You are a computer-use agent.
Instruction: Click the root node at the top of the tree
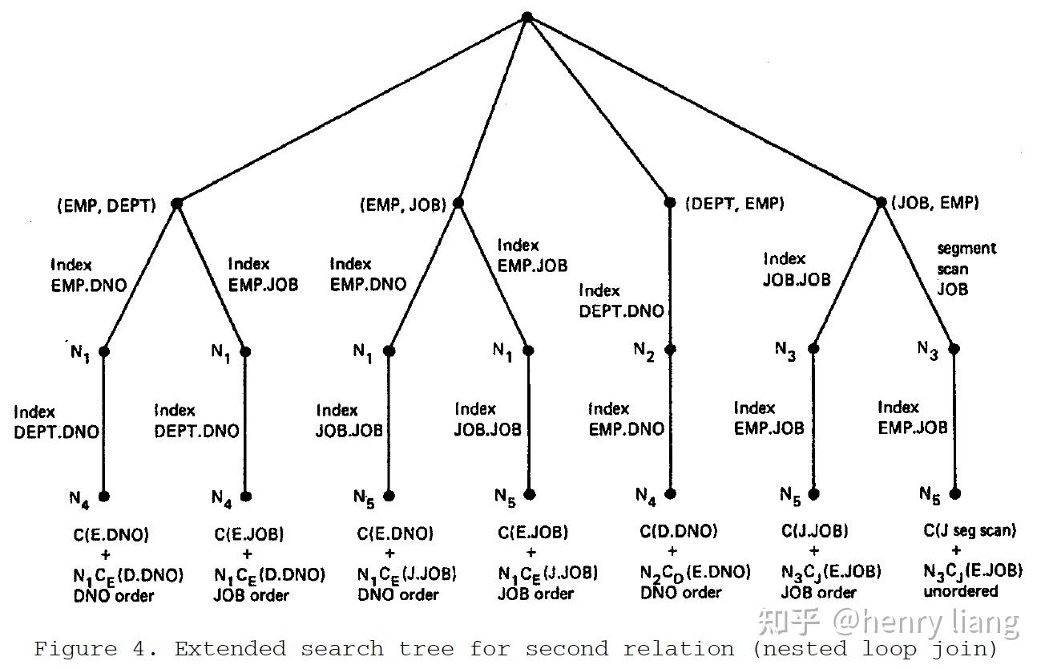pyautogui.click(x=527, y=17)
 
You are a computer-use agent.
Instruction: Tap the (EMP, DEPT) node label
pyautogui.click(x=107, y=205)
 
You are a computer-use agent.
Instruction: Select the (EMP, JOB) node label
pyautogui.click(x=403, y=205)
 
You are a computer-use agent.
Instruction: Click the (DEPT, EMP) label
pyautogui.click(x=735, y=204)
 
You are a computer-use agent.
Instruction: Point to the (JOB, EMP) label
pyautogui.click(x=935, y=204)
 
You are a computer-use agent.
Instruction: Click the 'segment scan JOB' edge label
pyautogui.click(x=965, y=269)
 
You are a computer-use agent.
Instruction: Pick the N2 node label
pyautogui.click(x=645, y=352)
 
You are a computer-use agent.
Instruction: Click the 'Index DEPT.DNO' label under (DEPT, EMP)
pyautogui.click(x=622, y=301)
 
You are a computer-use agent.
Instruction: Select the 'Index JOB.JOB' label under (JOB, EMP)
pyautogui.click(x=797, y=270)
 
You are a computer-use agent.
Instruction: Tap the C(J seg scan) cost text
pyautogui.click(x=970, y=530)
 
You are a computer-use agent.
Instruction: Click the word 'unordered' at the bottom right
pyautogui.click(x=960, y=592)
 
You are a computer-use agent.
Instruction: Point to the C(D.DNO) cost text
pyautogui.click(x=679, y=531)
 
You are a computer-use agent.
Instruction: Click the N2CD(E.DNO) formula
pyautogui.click(x=695, y=572)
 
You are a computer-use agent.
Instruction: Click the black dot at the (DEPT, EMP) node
pyautogui.click(x=671, y=203)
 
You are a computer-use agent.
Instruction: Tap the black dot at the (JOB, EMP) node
pyautogui.click(x=881, y=203)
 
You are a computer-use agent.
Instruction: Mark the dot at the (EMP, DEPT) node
pyautogui.click(x=177, y=204)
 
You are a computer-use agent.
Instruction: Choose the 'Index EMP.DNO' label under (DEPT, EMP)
pyautogui.click(x=627, y=420)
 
